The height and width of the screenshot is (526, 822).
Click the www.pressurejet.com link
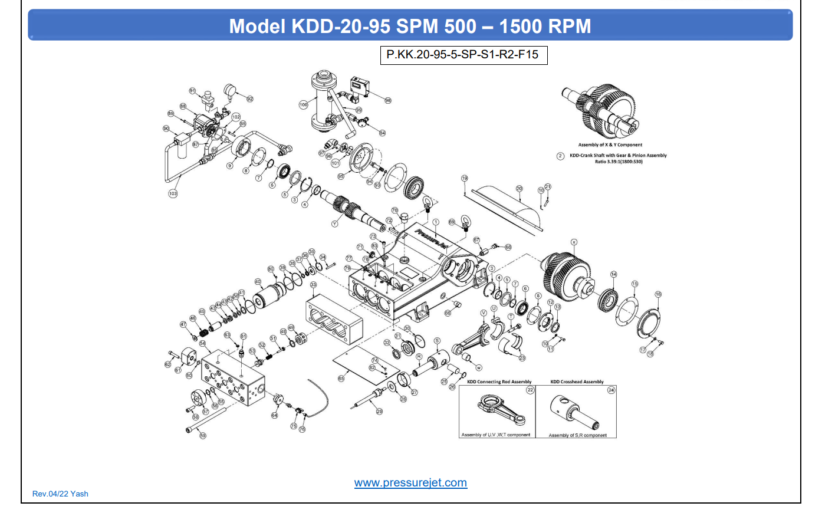410,483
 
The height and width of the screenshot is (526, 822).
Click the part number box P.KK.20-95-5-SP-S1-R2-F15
463,55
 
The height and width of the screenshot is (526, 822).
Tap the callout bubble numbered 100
304,104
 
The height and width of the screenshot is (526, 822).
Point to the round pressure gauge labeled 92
231,90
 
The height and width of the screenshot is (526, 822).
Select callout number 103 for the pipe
173,193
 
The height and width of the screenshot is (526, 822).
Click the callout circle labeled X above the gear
574,242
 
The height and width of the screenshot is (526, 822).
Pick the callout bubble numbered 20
519,189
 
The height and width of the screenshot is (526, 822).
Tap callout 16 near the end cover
658,294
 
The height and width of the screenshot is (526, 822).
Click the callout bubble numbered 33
313,285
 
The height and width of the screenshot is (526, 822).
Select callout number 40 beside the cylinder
258,282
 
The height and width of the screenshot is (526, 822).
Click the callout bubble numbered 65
341,379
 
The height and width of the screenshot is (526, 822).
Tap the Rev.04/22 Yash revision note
60,494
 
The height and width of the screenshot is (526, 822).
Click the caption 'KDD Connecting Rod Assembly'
499,382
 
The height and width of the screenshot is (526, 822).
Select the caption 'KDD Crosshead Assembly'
577,382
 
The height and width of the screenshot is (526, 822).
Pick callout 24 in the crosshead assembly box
611,390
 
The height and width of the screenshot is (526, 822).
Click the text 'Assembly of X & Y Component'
610,145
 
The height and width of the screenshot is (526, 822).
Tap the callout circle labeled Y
334,224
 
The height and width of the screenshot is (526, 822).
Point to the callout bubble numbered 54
202,343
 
